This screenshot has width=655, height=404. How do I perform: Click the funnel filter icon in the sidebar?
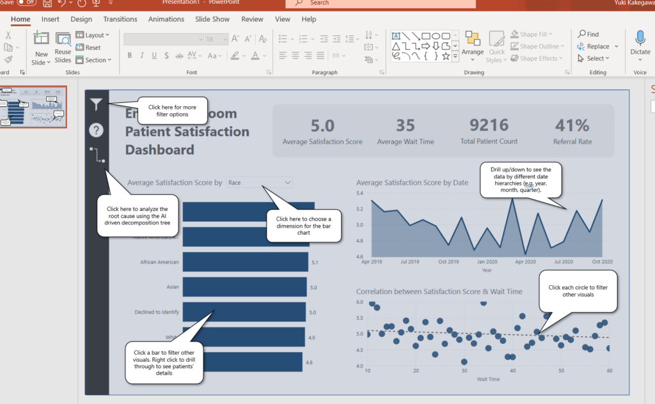[96, 104]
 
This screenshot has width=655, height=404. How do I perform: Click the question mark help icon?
[96, 130]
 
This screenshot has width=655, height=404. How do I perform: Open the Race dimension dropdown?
[260, 183]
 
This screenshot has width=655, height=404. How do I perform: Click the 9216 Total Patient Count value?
[489, 125]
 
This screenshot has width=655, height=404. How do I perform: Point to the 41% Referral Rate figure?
[572, 125]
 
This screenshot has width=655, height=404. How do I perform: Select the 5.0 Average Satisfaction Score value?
[322, 125]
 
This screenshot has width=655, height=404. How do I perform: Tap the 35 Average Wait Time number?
[406, 125]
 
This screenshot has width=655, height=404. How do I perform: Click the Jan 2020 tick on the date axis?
[487, 262]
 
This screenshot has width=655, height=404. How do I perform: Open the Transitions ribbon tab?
[120, 19]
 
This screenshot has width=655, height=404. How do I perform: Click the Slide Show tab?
[212, 19]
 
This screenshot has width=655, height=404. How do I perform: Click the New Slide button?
[41, 49]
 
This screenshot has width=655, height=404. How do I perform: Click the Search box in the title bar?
[384, 3]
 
